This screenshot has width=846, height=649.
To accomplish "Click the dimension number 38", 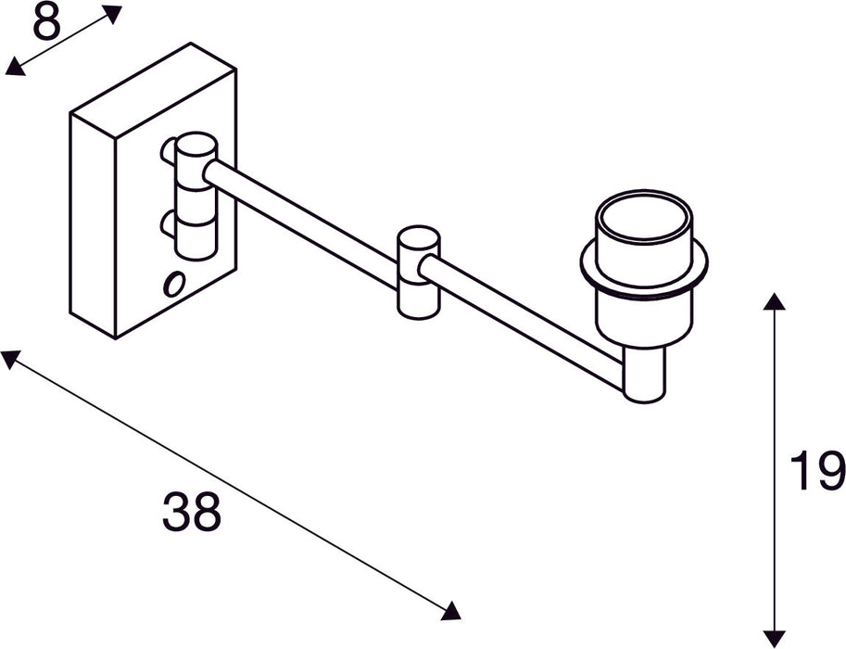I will (192, 512).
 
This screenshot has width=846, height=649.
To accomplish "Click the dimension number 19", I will (817, 470).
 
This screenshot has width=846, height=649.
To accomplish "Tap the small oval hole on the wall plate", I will (172, 285).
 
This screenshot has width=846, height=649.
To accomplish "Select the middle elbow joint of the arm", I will (418, 272).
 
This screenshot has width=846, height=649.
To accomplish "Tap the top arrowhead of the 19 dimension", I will (774, 301).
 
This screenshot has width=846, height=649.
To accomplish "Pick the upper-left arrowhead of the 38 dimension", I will (11, 358).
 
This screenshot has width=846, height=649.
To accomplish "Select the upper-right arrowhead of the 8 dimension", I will (112, 13).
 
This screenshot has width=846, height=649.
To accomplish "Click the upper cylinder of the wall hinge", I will (196, 162).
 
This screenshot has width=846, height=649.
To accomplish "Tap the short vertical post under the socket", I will (644, 374).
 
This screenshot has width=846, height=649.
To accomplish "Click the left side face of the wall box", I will (93, 223).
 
